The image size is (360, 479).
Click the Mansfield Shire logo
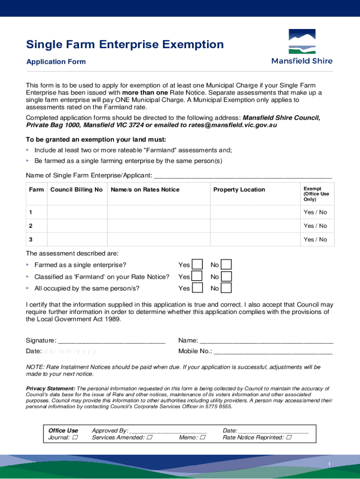point(302,47)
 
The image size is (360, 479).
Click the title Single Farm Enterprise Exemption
point(125,44)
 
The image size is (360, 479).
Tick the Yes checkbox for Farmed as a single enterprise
point(197,265)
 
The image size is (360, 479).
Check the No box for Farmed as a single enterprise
point(226,265)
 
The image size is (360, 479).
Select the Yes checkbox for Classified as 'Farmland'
point(197,276)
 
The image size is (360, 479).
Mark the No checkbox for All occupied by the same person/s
point(226,288)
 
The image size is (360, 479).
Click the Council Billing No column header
point(77,189)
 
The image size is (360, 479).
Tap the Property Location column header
point(239,189)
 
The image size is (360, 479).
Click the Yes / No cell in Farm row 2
point(315,226)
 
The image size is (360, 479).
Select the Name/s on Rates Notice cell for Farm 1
point(158,212)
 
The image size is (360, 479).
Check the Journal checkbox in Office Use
point(75,438)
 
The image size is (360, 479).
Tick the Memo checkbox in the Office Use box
point(202,438)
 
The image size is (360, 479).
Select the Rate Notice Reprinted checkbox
point(288,438)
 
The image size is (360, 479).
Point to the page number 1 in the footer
point(329,464)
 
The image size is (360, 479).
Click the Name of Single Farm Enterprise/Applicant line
point(243,176)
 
